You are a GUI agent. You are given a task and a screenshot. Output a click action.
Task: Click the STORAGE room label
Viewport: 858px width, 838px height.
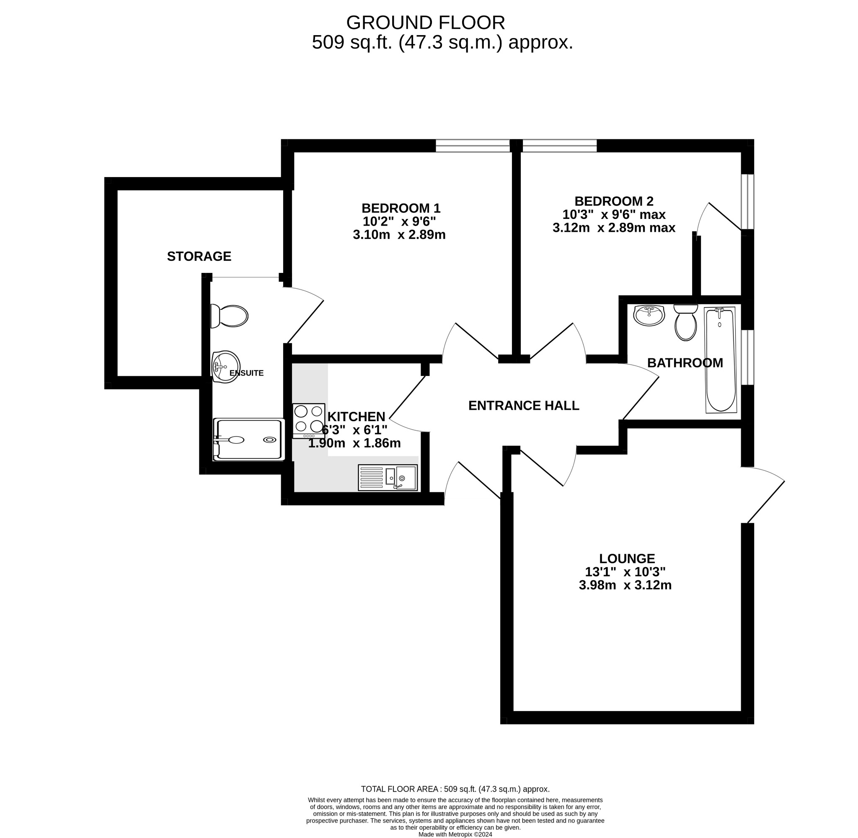[x=199, y=256]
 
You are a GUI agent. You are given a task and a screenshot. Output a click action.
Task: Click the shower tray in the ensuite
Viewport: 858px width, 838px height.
[x=248, y=440]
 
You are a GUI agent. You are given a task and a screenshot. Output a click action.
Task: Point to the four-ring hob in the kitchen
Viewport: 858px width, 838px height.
[x=309, y=420]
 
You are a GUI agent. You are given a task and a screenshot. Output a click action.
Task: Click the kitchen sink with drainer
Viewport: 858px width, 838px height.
[x=388, y=478]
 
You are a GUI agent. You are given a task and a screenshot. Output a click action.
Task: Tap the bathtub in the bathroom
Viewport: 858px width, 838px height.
[x=721, y=360]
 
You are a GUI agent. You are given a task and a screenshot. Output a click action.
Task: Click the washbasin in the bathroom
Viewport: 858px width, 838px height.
[x=649, y=315]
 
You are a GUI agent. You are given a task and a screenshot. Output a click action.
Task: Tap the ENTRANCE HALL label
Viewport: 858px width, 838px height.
[x=523, y=405]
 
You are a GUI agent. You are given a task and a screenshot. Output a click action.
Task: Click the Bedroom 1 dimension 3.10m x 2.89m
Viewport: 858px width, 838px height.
[x=399, y=234]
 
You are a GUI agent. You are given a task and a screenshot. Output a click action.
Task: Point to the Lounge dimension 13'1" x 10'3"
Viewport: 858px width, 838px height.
[x=625, y=572]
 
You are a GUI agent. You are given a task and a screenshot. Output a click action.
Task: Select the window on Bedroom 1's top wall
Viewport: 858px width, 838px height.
[x=473, y=146]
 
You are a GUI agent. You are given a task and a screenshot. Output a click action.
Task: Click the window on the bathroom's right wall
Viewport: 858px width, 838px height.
[x=747, y=357]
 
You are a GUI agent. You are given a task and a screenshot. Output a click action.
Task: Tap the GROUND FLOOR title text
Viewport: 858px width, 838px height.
[x=426, y=23]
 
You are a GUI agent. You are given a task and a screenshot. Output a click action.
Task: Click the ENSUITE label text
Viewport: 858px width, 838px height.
[x=247, y=373]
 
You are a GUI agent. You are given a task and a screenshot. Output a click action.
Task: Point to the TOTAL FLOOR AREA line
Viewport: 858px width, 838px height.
[x=455, y=789]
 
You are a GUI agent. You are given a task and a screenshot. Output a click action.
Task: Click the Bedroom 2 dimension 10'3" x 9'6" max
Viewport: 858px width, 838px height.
[x=614, y=214]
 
